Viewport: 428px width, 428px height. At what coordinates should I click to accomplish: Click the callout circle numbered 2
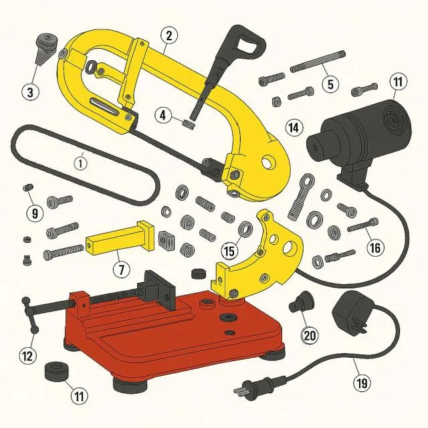(x=169, y=35)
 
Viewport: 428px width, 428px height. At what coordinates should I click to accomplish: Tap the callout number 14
(x=294, y=127)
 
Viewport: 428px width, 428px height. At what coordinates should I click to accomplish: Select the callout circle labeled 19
(x=362, y=383)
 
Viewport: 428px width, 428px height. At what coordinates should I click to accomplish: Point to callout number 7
(x=122, y=270)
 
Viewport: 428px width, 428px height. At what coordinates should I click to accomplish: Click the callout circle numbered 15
(x=229, y=250)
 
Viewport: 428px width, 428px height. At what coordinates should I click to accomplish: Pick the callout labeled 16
(x=375, y=247)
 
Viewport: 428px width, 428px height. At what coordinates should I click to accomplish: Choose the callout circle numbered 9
(x=35, y=213)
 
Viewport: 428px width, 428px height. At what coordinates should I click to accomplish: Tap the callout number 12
(x=27, y=356)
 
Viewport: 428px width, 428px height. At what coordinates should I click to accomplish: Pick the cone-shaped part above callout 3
(x=47, y=48)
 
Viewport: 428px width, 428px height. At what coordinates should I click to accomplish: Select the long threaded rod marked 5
(x=318, y=62)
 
